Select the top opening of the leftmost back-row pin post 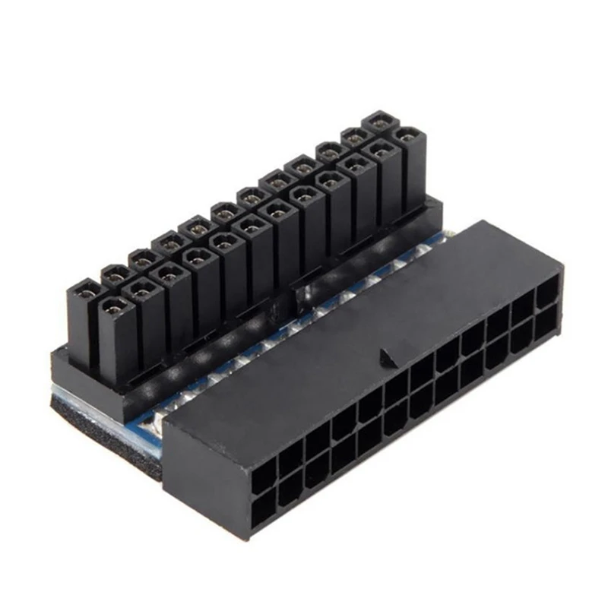(85, 290)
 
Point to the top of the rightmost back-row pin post (378, 119)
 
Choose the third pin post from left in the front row (167, 272)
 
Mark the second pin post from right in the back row (353, 136)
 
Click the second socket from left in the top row (290, 459)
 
